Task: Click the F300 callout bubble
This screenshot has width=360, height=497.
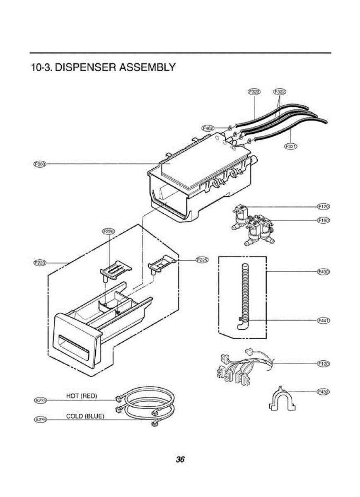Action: pyautogui.click(x=40, y=164)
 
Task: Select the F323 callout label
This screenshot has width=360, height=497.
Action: pyautogui.click(x=254, y=92)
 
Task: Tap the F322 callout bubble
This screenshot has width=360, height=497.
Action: pyautogui.click(x=280, y=92)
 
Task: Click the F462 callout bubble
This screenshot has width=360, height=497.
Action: pyautogui.click(x=208, y=128)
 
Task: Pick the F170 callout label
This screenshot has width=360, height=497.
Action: pyautogui.click(x=323, y=206)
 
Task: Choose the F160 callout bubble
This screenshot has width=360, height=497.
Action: pyautogui.click(x=323, y=220)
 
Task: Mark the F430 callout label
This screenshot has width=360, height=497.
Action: pyautogui.click(x=323, y=272)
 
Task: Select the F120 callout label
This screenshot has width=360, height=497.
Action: pyautogui.click(x=323, y=364)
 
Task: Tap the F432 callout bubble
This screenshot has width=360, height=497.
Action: pyautogui.click(x=323, y=391)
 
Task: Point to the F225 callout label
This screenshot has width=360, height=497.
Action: pyautogui.click(x=202, y=260)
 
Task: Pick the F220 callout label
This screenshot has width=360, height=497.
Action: pyautogui.click(x=40, y=263)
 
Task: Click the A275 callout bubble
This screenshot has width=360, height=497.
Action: pyautogui.click(x=41, y=400)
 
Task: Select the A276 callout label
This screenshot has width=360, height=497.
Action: pyautogui.click(x=41, y=420)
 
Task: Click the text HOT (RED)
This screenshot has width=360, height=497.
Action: pyautogui.click(x=82, y=396)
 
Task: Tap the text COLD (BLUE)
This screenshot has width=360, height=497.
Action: pyautogui.click(x=85, y=416)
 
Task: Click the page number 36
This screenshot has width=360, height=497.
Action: pyautogui.click(x=180, y=459)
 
